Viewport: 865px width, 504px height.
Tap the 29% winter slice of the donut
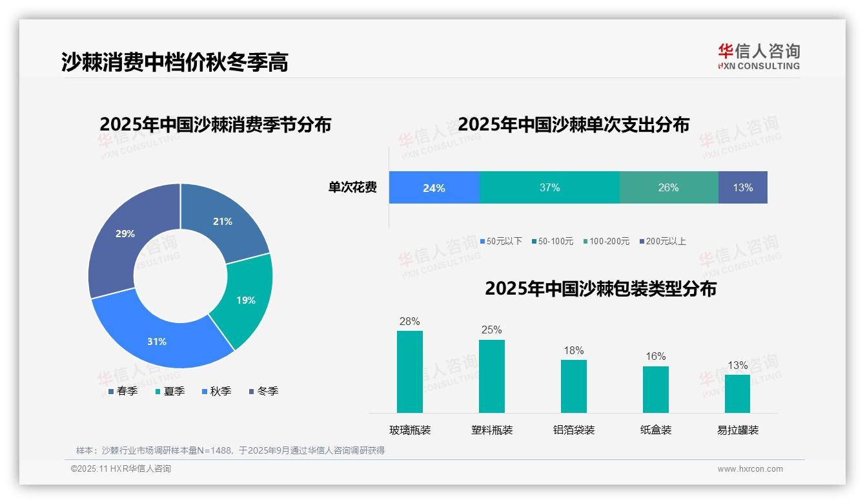point(126,235)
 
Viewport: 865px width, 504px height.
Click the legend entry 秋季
point(216,391)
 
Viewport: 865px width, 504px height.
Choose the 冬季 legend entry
point(263,391)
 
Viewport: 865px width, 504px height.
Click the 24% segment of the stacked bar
point(434,188)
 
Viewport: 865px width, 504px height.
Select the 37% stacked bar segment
point(549,188)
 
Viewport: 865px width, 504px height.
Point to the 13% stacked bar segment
point(742,188)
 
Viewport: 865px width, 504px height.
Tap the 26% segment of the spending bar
point(668,188)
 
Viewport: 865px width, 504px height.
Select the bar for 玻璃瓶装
point(410,372)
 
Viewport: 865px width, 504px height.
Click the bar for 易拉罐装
point(737,394)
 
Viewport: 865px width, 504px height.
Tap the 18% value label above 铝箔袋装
point(573,350)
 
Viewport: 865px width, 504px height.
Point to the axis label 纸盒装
point(656,430)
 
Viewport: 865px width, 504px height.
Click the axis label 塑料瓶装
point(492,430)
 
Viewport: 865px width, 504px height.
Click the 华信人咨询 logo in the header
point(758,56)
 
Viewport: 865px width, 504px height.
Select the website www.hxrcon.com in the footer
point(750,469)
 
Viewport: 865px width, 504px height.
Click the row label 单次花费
point(352,188)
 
